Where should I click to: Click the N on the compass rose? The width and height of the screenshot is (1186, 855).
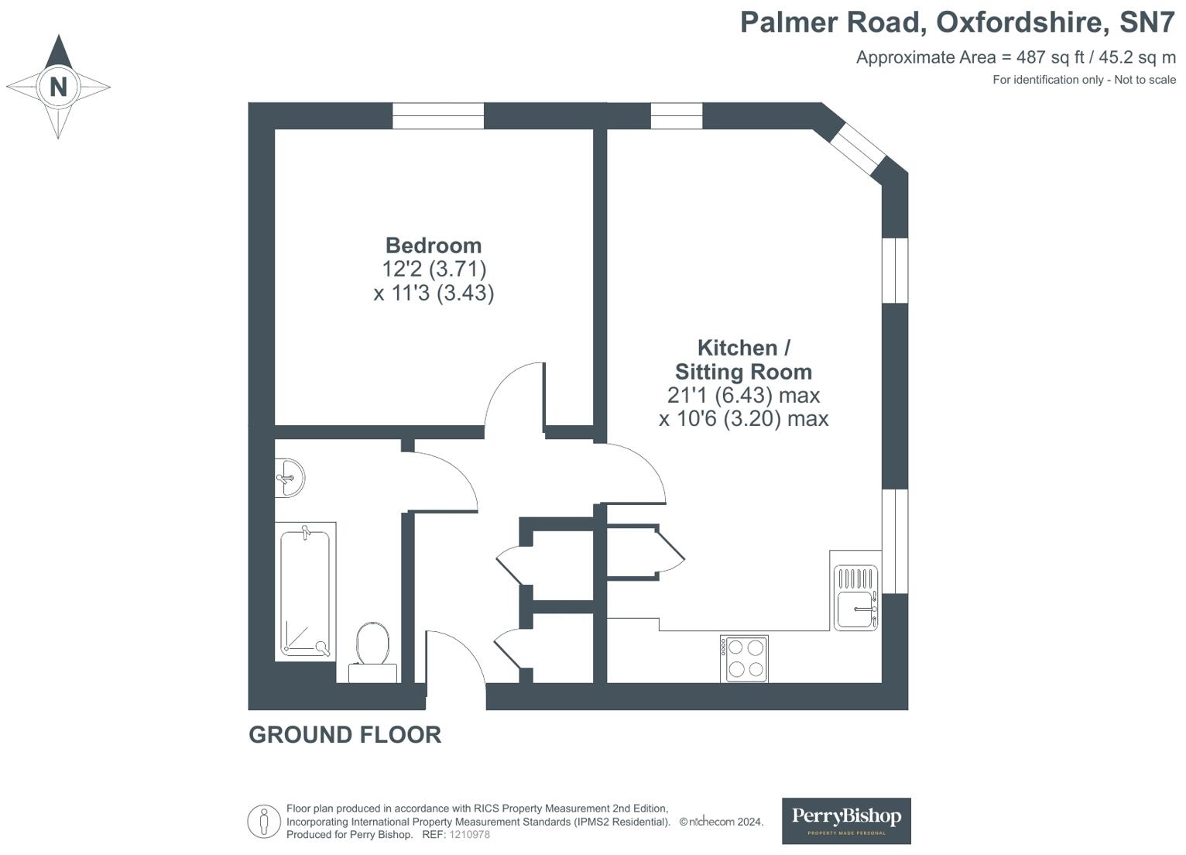click(x=58, y=87)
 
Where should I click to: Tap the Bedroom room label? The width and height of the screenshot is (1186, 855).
click(x=434, y=246)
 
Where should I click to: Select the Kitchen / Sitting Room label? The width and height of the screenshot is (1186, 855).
click(x=743, y=359)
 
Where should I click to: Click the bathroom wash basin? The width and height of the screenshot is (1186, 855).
click(x=290, y=477)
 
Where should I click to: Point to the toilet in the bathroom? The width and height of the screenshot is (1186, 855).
click(x=373, y=647)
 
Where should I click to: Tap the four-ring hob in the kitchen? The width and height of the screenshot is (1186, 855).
click(x=744, y=658)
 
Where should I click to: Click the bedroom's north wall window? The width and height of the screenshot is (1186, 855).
click(x=438, y=116)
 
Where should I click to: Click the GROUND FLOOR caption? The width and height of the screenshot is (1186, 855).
click(x=344, y=734)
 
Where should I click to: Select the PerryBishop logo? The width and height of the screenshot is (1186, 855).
click(x=846, y=820)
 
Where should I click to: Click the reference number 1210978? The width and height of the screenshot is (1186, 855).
click(x=470, y=835)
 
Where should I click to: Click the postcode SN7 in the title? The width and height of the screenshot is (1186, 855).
click(x=1147, y=22)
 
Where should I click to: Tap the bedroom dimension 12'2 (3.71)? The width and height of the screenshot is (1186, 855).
click(x=434, y=269)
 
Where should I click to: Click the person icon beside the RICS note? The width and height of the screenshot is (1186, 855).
click(x=264, y=821)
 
